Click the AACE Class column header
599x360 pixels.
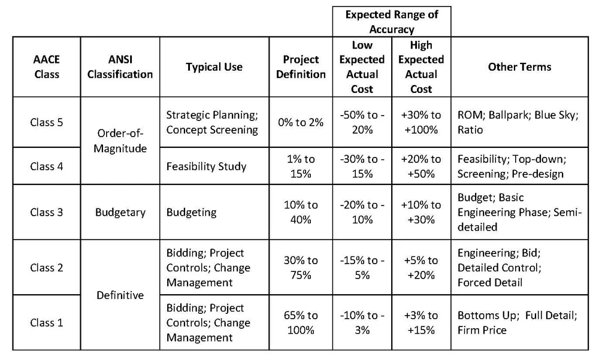click(46, 67)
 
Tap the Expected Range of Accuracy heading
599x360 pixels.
click(392, 22)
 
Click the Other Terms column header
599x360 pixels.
click(519, 67)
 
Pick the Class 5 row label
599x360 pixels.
click(46, 122)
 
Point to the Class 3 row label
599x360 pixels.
click(46, 212)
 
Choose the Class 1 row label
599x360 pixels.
click(46, 323)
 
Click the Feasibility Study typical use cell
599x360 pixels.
click(206, 167)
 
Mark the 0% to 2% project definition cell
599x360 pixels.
click(301, 122)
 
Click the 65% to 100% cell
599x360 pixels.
click(301, 323)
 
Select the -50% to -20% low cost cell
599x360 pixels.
click(362, 122)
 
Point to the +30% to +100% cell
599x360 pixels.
click(421, 122)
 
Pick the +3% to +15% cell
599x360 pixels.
click(421, 323)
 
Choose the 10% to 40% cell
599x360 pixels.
click(301, 212)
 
